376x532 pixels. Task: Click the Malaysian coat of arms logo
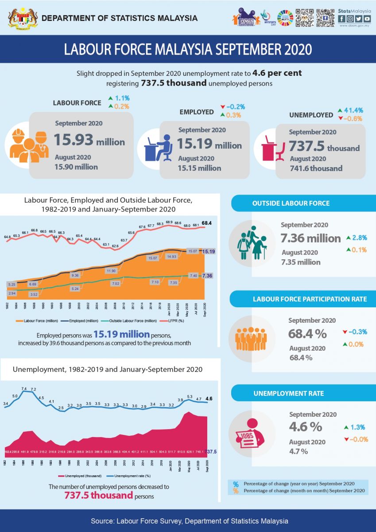coord(20,18)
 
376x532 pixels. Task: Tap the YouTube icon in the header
coord(367,19)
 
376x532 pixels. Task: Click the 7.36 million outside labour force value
coord(310,238)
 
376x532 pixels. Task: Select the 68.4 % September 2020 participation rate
coord(308,333)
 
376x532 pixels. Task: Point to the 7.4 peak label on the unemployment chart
coord(24,389)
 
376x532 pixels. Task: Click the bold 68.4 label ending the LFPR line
coord(207,223)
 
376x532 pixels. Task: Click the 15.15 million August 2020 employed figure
coord(199,168)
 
